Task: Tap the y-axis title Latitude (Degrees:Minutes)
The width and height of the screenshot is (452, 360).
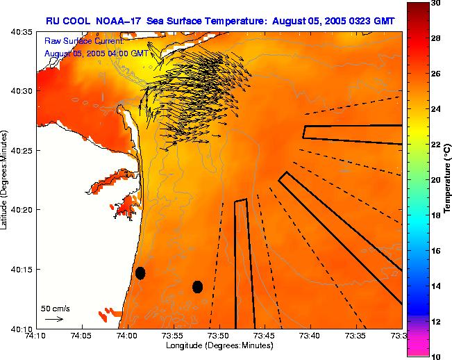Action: (6, 180)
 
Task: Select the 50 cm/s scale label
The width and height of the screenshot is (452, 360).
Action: (55, 308)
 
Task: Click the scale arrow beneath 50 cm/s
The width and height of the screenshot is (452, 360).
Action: (54, 319)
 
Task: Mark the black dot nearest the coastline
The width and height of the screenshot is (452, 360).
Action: (140, 273)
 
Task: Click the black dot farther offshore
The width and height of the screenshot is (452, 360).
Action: (197, 286)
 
